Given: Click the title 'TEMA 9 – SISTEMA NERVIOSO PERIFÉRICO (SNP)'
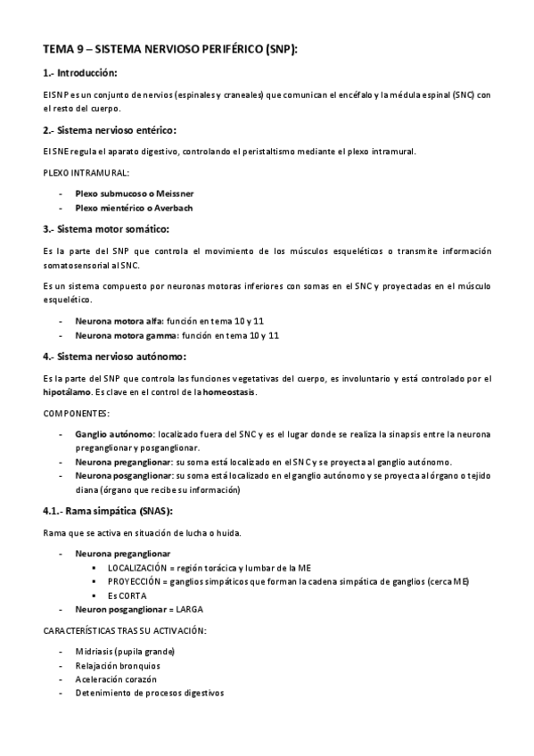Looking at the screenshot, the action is coord(170,51).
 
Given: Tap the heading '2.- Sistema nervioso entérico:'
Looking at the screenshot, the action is coord(110,129).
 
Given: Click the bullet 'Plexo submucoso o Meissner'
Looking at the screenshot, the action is coord(135,193).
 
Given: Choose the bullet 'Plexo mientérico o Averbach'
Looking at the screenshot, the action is coord(134,208).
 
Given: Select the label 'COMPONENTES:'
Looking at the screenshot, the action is coord(76,414).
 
